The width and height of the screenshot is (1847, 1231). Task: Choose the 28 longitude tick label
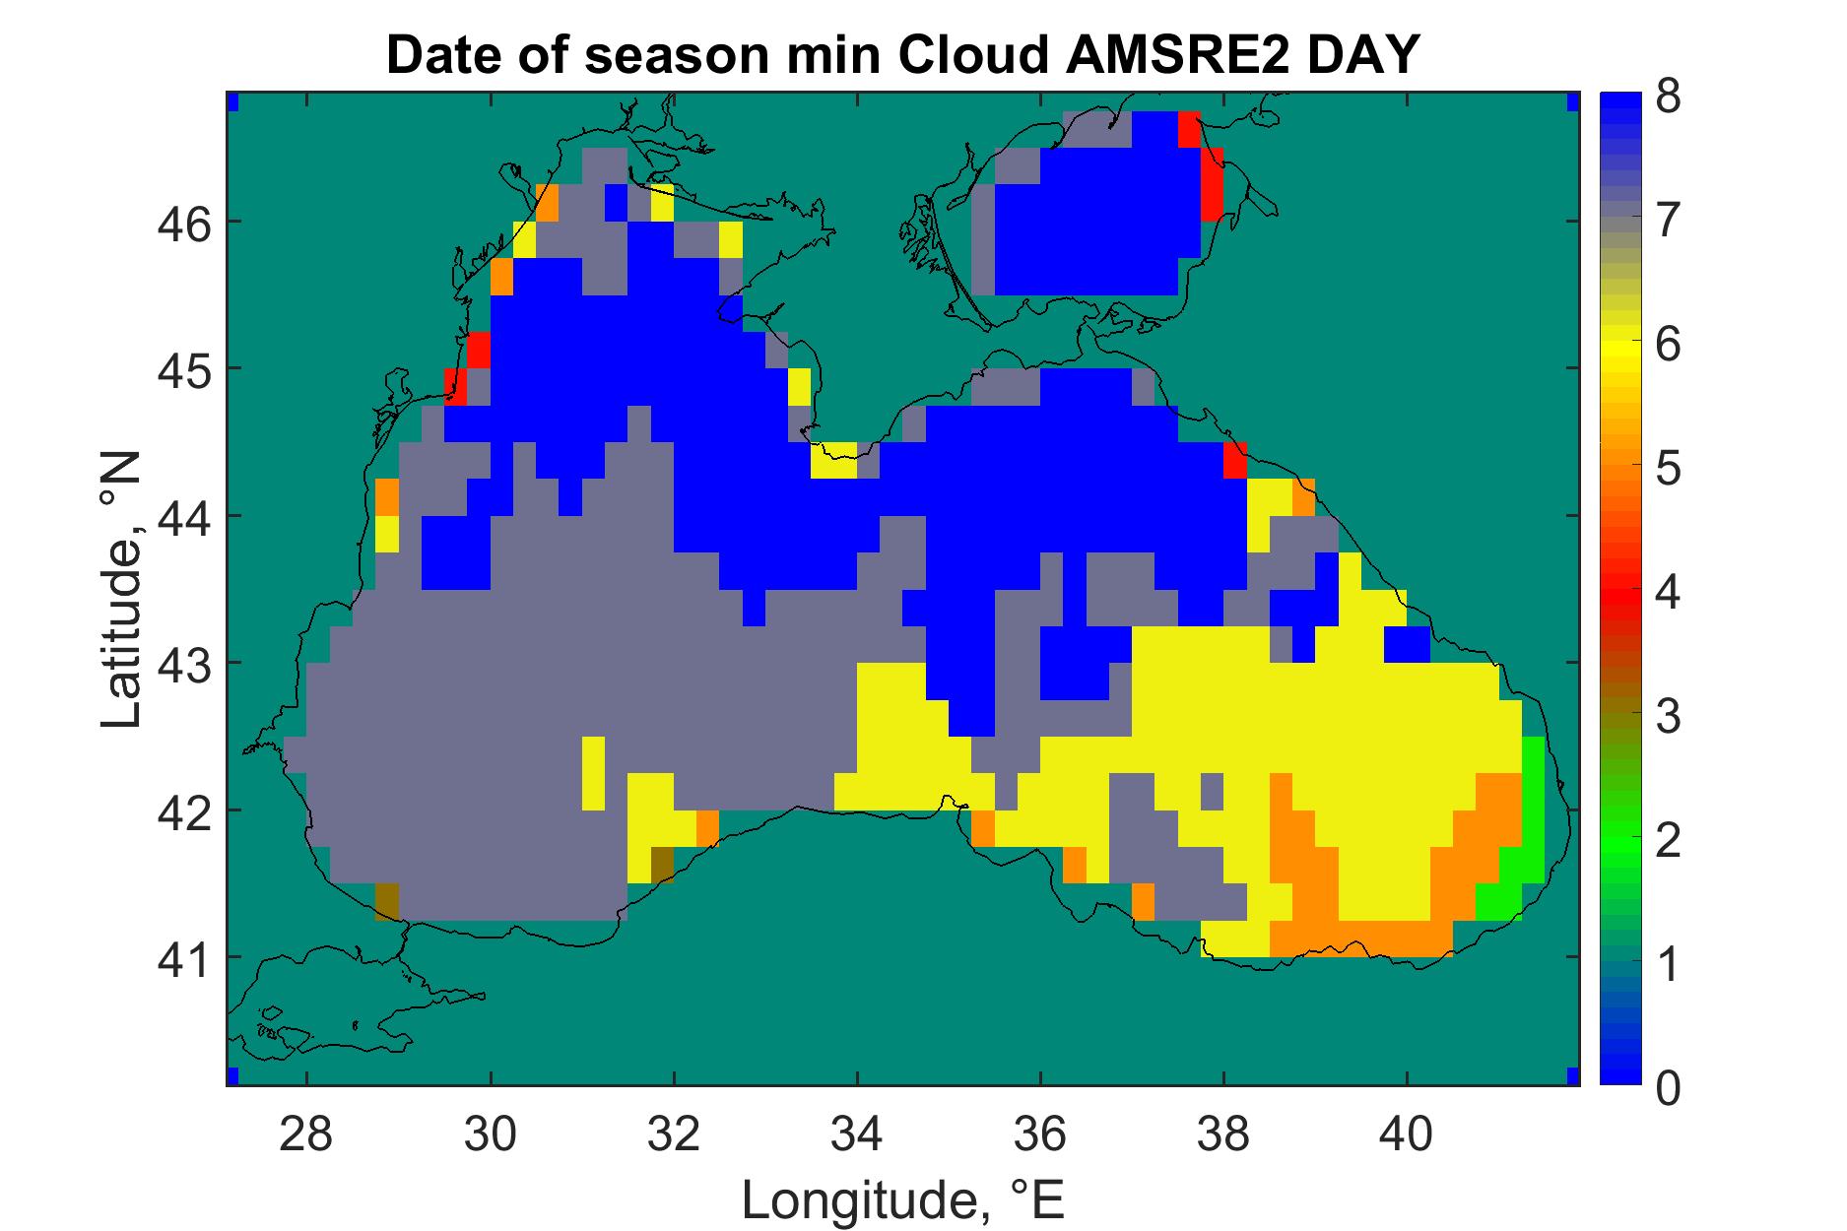pyautogui.click(x=306, y=1134)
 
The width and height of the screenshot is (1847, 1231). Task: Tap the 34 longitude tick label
pyautogui.click(x=857, y=1134)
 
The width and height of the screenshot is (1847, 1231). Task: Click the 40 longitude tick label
pyautogui.click(x=1407, y=1134)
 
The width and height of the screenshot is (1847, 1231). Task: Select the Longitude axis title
pyautogui.click(x=903, y=1199)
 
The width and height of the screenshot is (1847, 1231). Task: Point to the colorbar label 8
pyautogui.click(x=1668, y=99)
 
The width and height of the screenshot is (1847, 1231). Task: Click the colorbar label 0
pyautogui.click(x=1668, y=1088)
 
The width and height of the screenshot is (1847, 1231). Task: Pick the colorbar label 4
pyautogui.click(x=1668, y=593)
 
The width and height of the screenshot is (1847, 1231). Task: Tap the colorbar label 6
pyautogui.click(x=1668, y=346)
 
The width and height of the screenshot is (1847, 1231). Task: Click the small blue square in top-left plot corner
pyautogui.click(x=232, y=101)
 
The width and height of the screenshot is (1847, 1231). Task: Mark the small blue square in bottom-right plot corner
pyautogui.click(x=1572, y=1074)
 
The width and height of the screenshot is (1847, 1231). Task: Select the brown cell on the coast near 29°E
pyautogui.click(x=387, y=901)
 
